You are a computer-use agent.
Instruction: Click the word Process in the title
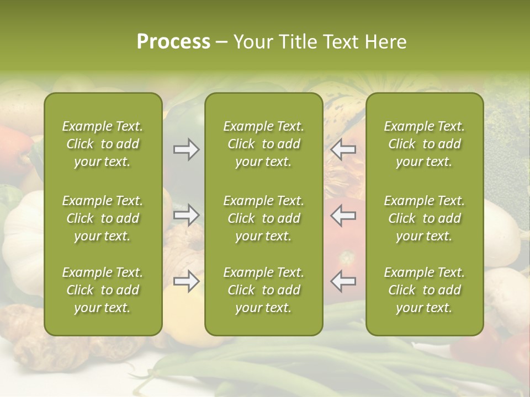pyautogui.click(x=173, y=42)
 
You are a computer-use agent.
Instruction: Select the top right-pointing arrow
pyautogui.click(x=186, y=149)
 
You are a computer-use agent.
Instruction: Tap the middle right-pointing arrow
pyautogui.click(x=186, y=215)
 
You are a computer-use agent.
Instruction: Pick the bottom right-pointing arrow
pyautogui.click(x=186, y=281)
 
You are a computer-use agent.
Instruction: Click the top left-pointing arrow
pyautogui.click(x=343, y=149)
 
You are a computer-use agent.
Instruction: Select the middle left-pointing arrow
pyautogui.click(x=343, y=215)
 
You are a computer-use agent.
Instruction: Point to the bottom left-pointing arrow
pyautogui.click(x=343, y=281)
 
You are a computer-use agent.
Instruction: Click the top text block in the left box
pyautogui.click(x=103, y=144)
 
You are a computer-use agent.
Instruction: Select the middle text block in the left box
pyautogui.click(x=103, y=218)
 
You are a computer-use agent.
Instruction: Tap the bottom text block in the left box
pyautogui.click(x=103, y=290)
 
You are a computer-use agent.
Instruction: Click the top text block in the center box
pyautogui.click(x=263, y=144)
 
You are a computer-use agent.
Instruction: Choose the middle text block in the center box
pyautogui.click(x=263, y=218)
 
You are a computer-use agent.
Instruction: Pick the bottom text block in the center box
pyautogui.click(x=263, y=290)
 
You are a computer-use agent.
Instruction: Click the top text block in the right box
pyautogui.click(x=424, y=144)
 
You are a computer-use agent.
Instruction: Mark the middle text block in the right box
pyautogui.click(x=424, y=218)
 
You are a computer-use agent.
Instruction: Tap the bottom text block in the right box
pyautogui.click(x=424, y=290)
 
